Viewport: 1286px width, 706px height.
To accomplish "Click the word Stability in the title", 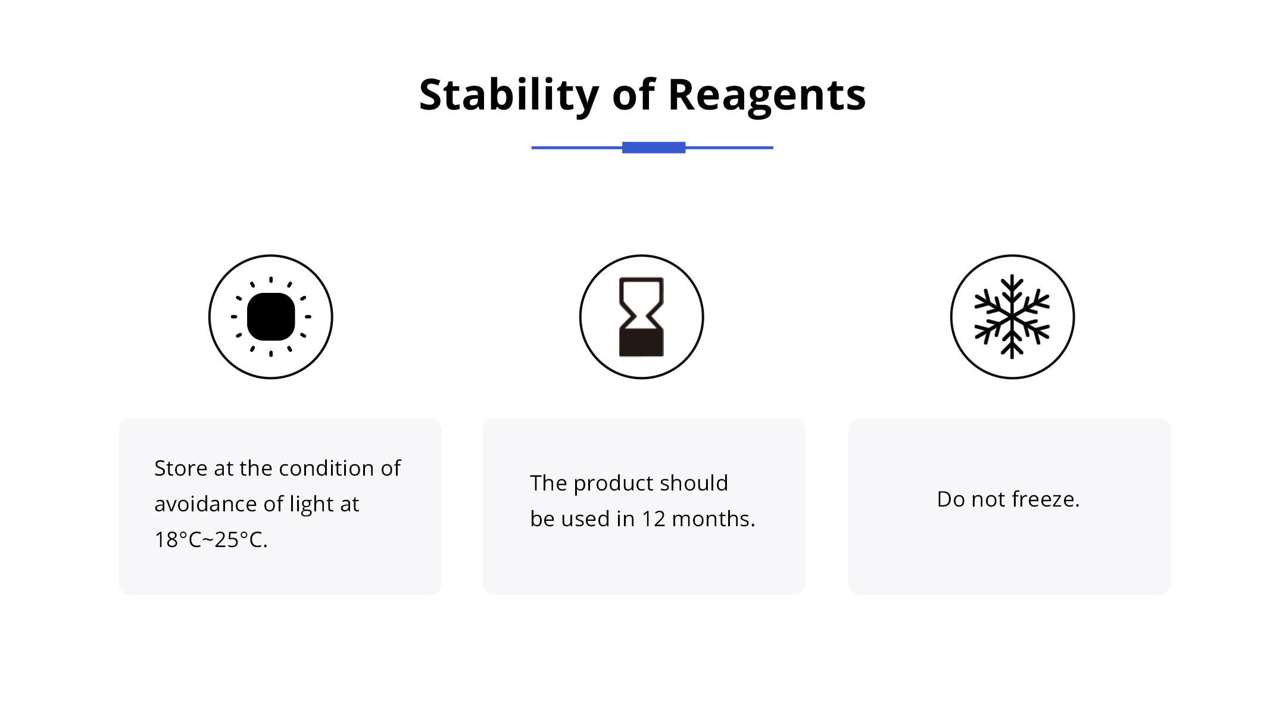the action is pos(508,95).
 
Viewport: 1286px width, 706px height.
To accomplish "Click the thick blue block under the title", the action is pos(653,148).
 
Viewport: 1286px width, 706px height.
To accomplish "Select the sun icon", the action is pos(271,317).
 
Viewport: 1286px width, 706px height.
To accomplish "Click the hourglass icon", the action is pos(641,317).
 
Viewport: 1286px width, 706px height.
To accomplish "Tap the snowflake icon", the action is pos(1012,317).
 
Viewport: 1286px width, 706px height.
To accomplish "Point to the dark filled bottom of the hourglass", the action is pos(641,342).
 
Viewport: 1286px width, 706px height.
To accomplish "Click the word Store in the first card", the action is pos(181,468).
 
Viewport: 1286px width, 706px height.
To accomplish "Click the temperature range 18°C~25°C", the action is pos(211,540).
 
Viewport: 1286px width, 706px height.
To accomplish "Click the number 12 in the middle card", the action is pos(653,519).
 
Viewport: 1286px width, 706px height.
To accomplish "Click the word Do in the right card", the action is pos(951,499).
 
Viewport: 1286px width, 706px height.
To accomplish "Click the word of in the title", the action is pos(633,95).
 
